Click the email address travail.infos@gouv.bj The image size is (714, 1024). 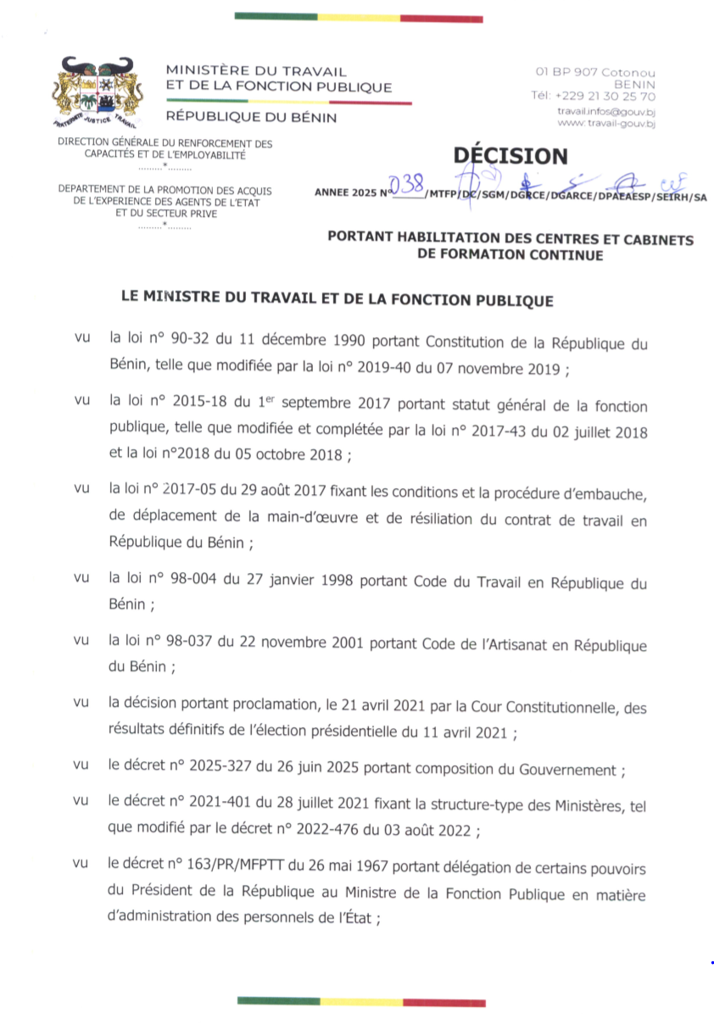click(x=605, y=111)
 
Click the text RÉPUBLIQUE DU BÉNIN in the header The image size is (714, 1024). click(x=251, y=118)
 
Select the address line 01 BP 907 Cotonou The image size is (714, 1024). click(x=594, y=73)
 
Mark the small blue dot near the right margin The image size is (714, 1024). click(x=711, y=964)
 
